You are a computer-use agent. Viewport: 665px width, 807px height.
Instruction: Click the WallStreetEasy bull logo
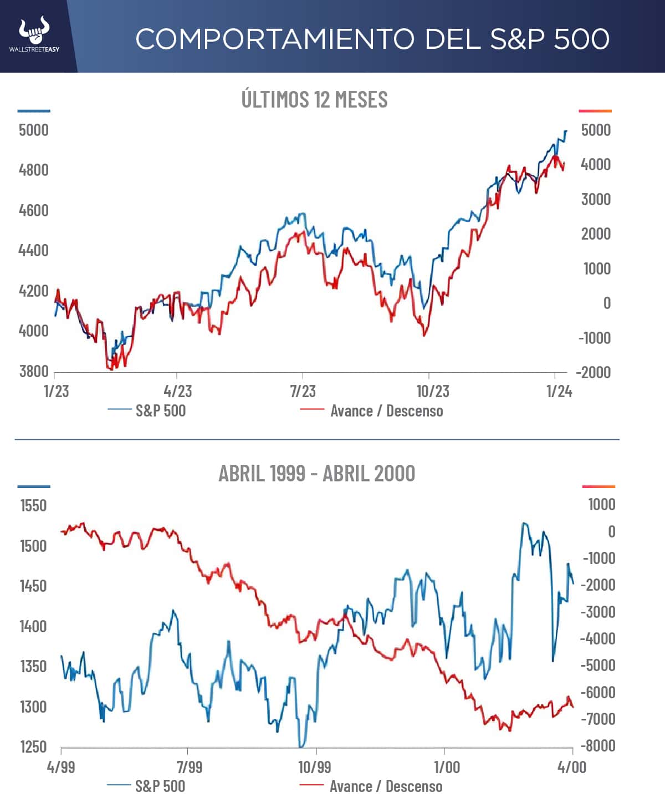pos(34,32)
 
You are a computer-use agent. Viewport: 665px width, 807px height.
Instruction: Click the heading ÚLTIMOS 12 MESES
pos(314,99)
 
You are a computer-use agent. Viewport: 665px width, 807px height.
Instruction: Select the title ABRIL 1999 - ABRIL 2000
pos(316,474)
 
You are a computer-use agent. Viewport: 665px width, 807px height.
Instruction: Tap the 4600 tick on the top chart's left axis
pos(34,210)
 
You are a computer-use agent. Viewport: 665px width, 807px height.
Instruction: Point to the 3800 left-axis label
pos(34,371)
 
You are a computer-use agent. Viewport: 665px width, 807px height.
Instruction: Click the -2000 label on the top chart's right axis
pos(594,372)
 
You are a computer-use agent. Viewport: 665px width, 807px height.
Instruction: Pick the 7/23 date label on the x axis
pos(303,391)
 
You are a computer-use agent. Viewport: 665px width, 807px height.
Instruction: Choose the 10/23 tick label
pos(433,391)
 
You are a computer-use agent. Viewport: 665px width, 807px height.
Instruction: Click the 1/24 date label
pos(559,391)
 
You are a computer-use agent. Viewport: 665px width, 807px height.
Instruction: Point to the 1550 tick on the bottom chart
pos(33,505)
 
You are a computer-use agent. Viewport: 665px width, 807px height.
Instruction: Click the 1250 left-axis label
pos(33,747)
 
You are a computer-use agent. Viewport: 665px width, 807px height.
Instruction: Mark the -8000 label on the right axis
pos(597,745)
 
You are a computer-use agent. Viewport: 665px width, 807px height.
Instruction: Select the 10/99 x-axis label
pos(314,767)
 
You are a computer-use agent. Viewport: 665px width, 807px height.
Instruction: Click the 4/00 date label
pos(571,767)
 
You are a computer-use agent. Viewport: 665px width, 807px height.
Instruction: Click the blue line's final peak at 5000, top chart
pos(566,131)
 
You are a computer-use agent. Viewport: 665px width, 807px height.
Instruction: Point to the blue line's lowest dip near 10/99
pos(301,746)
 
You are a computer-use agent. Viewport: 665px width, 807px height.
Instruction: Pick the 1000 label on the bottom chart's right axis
pos(601,504)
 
